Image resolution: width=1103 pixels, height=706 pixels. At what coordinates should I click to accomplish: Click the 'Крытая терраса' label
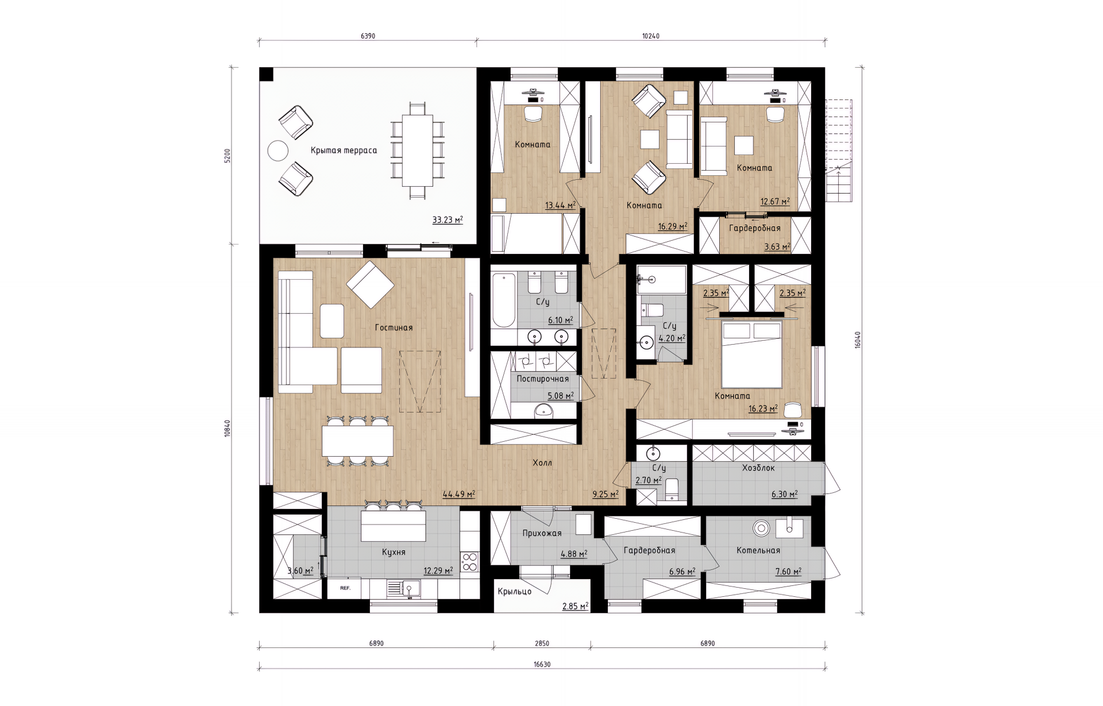[x=344, y=151]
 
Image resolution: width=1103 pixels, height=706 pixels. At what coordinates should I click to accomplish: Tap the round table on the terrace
[x=278, y=151]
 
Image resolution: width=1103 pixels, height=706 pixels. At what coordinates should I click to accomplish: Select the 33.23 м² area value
[x=448, y=219]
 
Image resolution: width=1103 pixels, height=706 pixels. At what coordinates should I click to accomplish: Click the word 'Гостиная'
[x=394, y=327]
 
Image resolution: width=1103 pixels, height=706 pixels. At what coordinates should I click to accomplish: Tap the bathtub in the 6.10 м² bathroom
[x=504, y=300]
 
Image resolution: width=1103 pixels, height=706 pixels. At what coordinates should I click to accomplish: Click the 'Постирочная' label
[x=542, y=379]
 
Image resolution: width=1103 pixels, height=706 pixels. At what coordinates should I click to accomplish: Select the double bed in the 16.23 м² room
[x=752, y=354]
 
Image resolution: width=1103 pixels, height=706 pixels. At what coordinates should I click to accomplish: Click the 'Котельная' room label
[x=758, y=550]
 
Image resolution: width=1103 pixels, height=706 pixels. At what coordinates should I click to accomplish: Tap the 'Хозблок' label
[x=758, y=468]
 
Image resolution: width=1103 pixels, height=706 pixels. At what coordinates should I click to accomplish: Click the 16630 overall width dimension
[x=542, y=664]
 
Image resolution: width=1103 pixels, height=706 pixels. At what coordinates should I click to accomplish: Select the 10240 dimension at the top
[x=651, y=36]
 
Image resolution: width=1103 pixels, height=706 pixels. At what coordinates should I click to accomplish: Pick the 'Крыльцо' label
[x=515, y=591]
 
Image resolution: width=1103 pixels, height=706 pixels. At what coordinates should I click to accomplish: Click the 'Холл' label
[x=542, y=462]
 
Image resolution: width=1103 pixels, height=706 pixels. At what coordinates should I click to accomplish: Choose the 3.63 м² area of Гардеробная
[x=777, y=247]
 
